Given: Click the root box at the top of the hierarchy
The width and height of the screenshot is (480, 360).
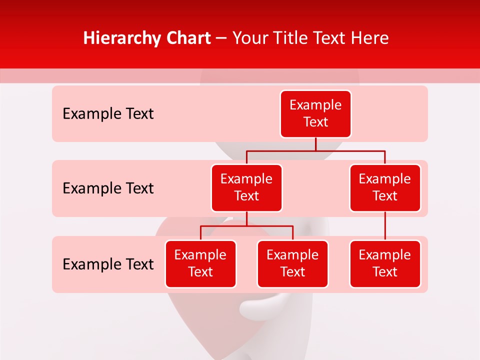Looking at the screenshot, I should tap(315, 113).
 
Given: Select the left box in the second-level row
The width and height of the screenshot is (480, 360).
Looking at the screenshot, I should tap(246, 187).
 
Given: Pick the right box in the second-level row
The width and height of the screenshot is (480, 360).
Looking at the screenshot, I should tap(385, 187).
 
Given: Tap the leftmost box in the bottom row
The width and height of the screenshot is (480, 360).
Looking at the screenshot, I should tap(200, 263).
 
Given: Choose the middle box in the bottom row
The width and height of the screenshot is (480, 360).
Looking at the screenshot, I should tap(292, 263).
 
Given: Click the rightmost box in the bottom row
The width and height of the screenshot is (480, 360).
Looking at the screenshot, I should tap(385, 263).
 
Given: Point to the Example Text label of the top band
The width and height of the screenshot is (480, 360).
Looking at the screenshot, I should tap(108, 114).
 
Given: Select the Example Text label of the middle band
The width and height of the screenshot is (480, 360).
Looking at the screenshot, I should tap(108, 188).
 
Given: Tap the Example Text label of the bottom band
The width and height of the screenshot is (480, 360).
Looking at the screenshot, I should tap(108, 264).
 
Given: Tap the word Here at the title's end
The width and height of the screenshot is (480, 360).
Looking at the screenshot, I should tap(370, 38).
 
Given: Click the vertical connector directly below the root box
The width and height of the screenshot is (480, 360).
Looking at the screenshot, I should tap(315, 144).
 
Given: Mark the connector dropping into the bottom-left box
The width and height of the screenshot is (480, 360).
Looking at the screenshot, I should tap(200, 233).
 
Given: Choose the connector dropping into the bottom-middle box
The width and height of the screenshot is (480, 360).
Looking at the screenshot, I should tap(292, 233).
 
